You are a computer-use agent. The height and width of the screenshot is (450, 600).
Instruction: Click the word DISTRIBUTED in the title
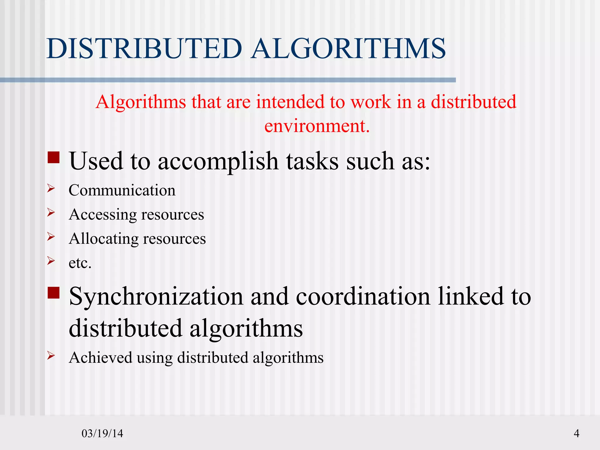tap(144, 48)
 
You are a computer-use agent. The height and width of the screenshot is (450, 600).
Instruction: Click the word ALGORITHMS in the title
tap(349, 48)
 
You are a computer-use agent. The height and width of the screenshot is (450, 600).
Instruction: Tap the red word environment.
tap(317, 126)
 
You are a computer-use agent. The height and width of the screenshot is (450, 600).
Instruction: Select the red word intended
tap(290, 102)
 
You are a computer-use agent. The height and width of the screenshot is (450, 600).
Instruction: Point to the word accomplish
tap(218, 161)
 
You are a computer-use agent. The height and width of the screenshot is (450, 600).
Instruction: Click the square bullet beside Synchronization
tap(54, 293)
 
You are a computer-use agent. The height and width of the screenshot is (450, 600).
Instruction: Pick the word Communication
tap(122, 190)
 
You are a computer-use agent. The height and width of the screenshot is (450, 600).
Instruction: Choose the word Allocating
tap(103, 238)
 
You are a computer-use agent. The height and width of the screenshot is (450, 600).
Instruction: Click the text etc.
tap(80, 263)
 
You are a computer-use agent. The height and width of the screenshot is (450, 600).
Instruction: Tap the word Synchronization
tap(156, 296)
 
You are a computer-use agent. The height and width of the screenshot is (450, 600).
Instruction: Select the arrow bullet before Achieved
tap(51, 355)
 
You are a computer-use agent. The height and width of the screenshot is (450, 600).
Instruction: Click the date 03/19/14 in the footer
tap(102, 433)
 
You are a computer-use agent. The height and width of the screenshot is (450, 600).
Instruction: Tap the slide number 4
tap(576, 433)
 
